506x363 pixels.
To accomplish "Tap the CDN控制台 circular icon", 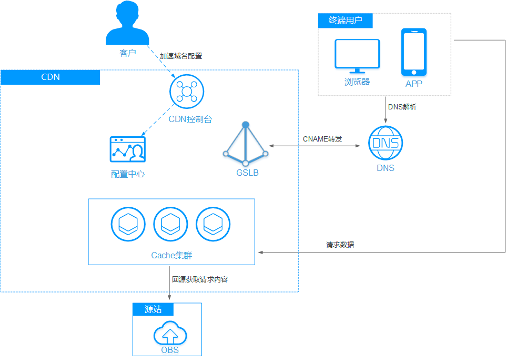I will point(186,92).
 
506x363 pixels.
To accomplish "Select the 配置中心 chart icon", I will point(127,150).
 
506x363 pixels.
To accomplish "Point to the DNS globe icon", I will point(385,143).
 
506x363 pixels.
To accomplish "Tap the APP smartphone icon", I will point(413,52).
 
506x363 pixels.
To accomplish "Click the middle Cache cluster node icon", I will point(170,225).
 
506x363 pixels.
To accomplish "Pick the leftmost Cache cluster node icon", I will point(128,225).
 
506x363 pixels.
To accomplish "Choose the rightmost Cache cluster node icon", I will point(213,225).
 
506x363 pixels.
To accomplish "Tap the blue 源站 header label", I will point(153,309).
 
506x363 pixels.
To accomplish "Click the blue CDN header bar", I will point(50,77).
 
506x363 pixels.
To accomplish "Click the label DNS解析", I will point(402,107).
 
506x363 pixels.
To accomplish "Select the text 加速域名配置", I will point(181,56).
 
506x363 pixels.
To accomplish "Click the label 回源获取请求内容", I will point(200,279).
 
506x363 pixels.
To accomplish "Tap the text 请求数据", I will point(340,245).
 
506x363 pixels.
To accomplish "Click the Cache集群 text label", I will point(171,256).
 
